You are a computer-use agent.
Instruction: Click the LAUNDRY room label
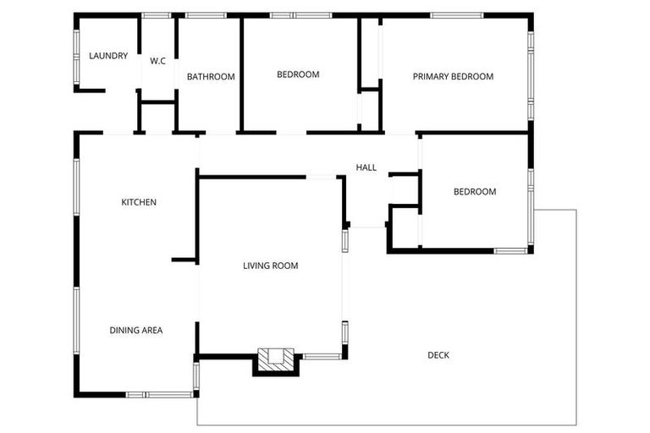pos(108,57)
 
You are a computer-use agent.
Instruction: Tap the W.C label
pos(157,61)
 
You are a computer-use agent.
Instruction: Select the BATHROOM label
pos(211,77)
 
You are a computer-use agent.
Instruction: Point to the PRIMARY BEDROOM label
pos(453,77)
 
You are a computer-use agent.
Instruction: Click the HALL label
pos(366,167)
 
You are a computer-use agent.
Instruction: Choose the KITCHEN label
pos(139,202)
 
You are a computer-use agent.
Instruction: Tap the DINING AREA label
pos(135,331)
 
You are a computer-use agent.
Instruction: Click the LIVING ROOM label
pos(271,266)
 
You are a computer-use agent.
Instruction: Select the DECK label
pos(438,355)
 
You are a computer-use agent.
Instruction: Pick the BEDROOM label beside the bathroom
pos(298,74)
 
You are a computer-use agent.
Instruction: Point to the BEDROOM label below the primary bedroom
pos(475,192)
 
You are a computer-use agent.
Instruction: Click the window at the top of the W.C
pos(157,15)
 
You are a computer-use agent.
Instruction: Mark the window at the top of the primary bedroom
pos(457,15)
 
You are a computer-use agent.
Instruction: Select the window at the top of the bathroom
pos(205,15)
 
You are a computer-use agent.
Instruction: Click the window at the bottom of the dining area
pos(159,394)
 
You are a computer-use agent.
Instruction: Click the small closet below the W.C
pos(157,117)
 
